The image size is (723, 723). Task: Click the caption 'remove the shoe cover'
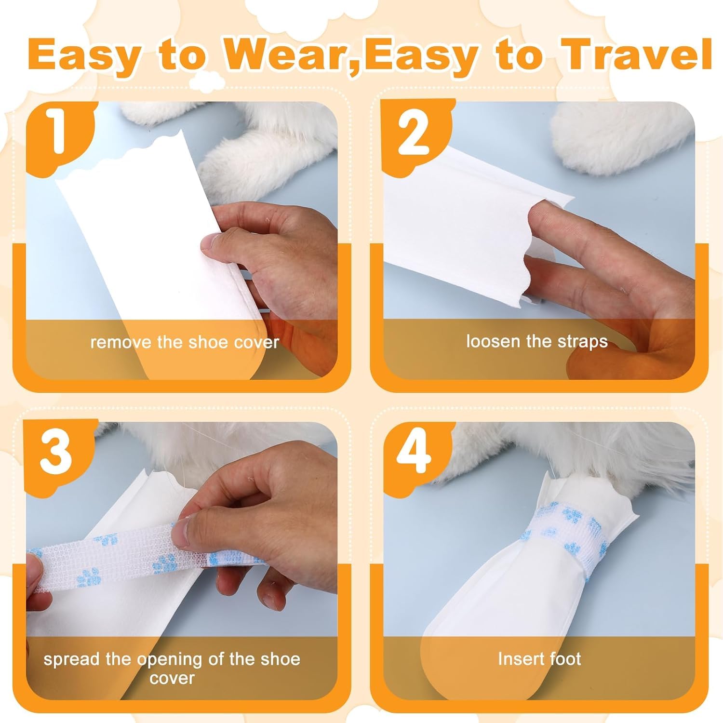[185, 342]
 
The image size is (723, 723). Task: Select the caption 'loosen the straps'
[536, 341]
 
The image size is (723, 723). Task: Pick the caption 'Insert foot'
[539, 658]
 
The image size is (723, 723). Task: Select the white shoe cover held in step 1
[159, 246]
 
